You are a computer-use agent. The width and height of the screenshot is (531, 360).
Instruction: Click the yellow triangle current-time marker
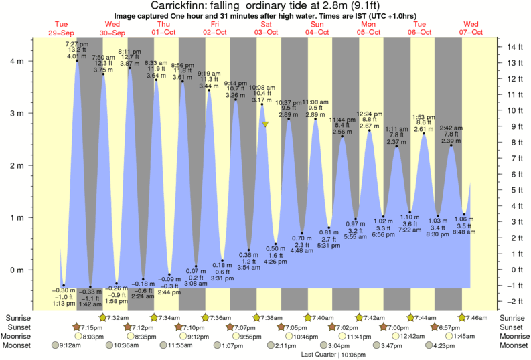266,124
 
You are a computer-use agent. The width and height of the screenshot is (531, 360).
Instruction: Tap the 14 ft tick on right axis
514,47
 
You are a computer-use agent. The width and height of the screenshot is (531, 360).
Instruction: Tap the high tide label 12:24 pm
369,114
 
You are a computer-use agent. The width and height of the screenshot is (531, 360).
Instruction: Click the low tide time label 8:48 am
463,232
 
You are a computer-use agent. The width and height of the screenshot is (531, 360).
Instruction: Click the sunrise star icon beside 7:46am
462,317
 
